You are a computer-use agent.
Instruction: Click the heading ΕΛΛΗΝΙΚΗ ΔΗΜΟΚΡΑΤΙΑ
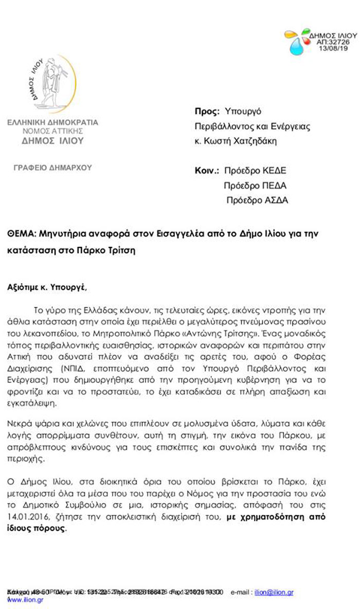click(x=52, y=123)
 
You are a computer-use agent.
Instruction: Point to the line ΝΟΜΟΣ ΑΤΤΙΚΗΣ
click(x=52, y=131)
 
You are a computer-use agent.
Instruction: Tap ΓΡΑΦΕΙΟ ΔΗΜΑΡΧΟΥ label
click(x=52, y=167)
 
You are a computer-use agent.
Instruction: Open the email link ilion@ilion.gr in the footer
click(x=274, y=593)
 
